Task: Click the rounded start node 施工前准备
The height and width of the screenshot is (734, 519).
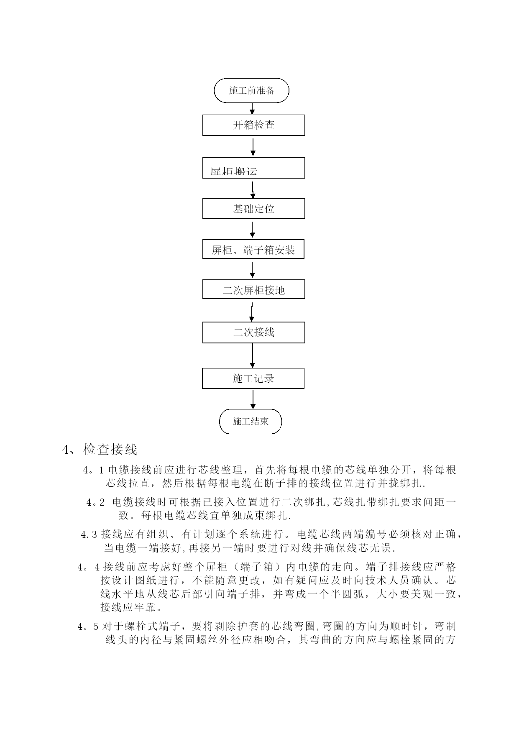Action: pos(251,90)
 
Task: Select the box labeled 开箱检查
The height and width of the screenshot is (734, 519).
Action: pos(253,125)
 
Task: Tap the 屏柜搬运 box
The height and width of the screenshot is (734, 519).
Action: pos(253,168)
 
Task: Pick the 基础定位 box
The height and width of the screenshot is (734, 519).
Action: pos(253,208)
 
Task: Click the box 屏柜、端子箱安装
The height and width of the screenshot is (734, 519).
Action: pos(253,249)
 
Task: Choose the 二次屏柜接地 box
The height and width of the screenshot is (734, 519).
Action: pos(253,289)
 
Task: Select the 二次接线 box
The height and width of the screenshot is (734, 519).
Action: pos(253,332)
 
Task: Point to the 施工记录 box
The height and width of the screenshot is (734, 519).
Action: pos(253,379)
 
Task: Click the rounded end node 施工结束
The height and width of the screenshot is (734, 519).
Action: pos(251,421)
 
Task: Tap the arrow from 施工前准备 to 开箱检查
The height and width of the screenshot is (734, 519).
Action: pos(252,108)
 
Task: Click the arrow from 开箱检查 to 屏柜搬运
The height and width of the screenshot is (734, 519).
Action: pos(253,147)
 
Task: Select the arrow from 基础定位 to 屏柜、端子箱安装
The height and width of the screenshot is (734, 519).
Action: pos(252,229)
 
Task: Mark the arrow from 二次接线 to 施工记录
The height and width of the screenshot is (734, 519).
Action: pos(252,355)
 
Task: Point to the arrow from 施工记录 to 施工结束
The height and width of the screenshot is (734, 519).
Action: pos(253,399)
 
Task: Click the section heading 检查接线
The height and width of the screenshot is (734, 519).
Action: pos(110,450)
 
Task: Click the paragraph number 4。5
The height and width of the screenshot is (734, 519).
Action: pos(88,627)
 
